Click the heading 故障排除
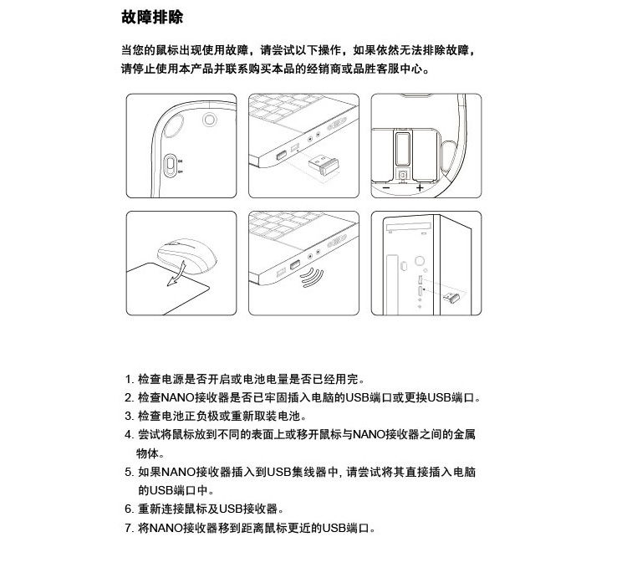[152, 18]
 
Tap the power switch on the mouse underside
[171, 165]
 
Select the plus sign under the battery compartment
[420, 187]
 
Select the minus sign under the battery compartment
[386, 187]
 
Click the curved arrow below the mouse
[176, 274]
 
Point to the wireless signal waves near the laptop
[313, 277]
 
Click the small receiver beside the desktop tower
[452, 297]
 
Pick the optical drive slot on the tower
[408, 228]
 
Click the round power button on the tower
[420, 261]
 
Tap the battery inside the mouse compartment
[402, 148]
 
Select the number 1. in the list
[129, 379]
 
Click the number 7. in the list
[129, 528]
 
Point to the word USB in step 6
[231, 509]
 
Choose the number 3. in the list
[129, 416]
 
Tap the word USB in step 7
[334, 528]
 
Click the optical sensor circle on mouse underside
[209, 120]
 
